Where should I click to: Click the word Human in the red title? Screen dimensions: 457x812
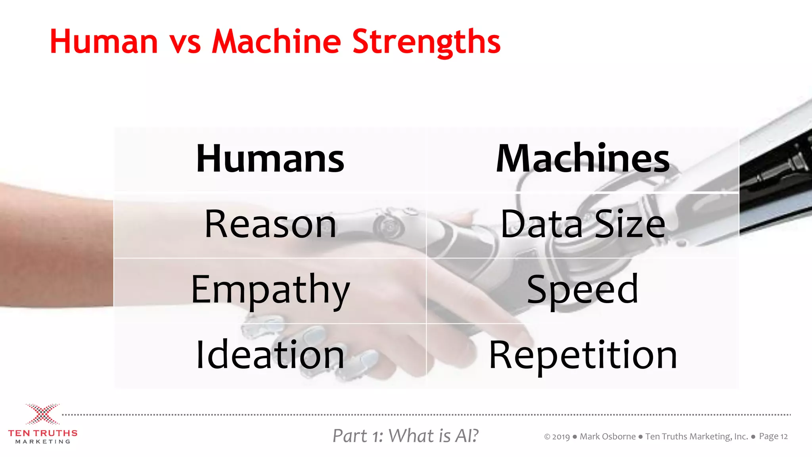tap(104, 42)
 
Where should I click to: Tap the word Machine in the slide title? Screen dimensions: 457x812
tap(276, 42)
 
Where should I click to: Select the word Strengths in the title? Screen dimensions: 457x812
tap(426, 42)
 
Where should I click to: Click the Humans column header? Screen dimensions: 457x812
tap(270, 159)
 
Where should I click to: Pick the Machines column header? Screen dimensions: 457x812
tap(582, 159)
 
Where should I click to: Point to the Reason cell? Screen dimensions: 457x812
tap(270, 225)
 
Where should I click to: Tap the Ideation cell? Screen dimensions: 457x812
tap(270, 355)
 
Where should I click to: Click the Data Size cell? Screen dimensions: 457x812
tap(582, 225)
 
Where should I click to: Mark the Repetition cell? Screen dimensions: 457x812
tap(582, 355)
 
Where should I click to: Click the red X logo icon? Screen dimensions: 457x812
tap(42, 414)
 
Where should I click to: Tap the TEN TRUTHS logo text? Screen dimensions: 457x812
tap(43, 433)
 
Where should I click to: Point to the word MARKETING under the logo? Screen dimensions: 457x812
tap(43, 442)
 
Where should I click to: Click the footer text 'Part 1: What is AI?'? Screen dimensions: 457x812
tap(405, 436)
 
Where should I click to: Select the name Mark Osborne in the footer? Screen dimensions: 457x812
tap(607, 436)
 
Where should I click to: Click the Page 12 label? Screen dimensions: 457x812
tap(773, 436)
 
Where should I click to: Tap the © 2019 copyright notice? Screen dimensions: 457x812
tap(557, 437)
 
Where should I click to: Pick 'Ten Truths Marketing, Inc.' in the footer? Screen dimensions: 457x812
tap(696, 436)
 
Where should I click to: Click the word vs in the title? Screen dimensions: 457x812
tap(185, 42)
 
